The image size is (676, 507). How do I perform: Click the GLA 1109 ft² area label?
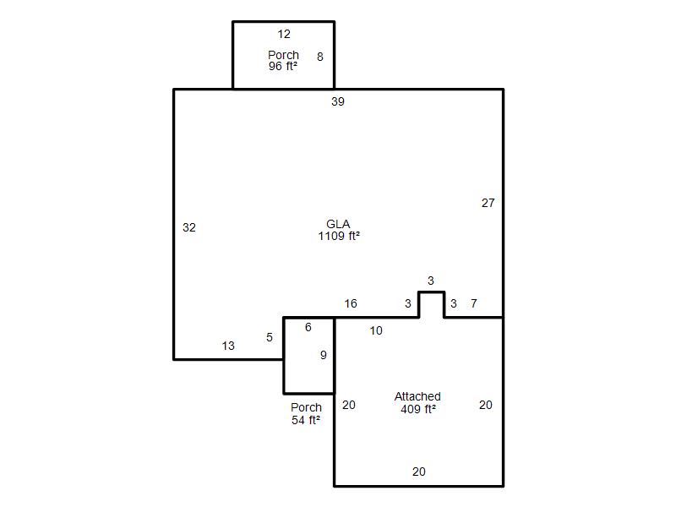(339, 230)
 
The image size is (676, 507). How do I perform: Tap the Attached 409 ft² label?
(417, 403)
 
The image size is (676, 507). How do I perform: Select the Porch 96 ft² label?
(283, 60)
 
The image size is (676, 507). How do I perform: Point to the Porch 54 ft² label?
(306, 413)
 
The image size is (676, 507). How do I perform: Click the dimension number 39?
(337, 101)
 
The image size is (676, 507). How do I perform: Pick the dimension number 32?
(189, 227)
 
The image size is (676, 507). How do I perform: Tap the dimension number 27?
(488, 203)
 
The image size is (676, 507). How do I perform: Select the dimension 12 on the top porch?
(284, 34)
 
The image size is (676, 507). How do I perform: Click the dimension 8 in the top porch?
(320, 57)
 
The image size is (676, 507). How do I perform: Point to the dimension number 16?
(351, 303)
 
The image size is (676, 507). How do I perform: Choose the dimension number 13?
(228, 346)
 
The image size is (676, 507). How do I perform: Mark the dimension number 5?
(270, 337)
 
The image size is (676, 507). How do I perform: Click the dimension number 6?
(308, 327)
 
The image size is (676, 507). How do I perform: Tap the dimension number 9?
(324, 355)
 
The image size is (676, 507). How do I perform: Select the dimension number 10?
(376, 330)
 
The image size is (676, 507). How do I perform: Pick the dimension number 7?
(474, 303)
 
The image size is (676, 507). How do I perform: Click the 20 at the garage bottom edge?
(418, 472)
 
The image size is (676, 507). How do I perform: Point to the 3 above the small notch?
(431, 281)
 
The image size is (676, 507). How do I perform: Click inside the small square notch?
(431, 305)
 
